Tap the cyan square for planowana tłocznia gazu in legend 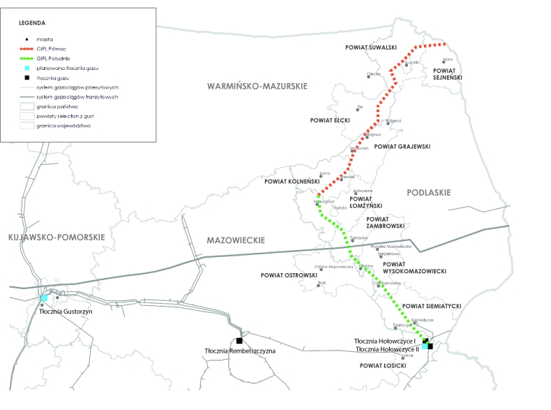click(26, 68)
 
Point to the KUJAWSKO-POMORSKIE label click(57, 237)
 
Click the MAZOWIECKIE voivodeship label click(236, 240)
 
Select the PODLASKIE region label click(428, 192)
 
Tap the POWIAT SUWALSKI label click(371, 47)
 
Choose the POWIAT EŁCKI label click(330, 120)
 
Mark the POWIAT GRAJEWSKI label click(402, 147)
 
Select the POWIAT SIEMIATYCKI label click(432, 306)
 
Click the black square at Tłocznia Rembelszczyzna click(240, 341)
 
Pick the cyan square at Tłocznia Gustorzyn click(43, 298)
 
